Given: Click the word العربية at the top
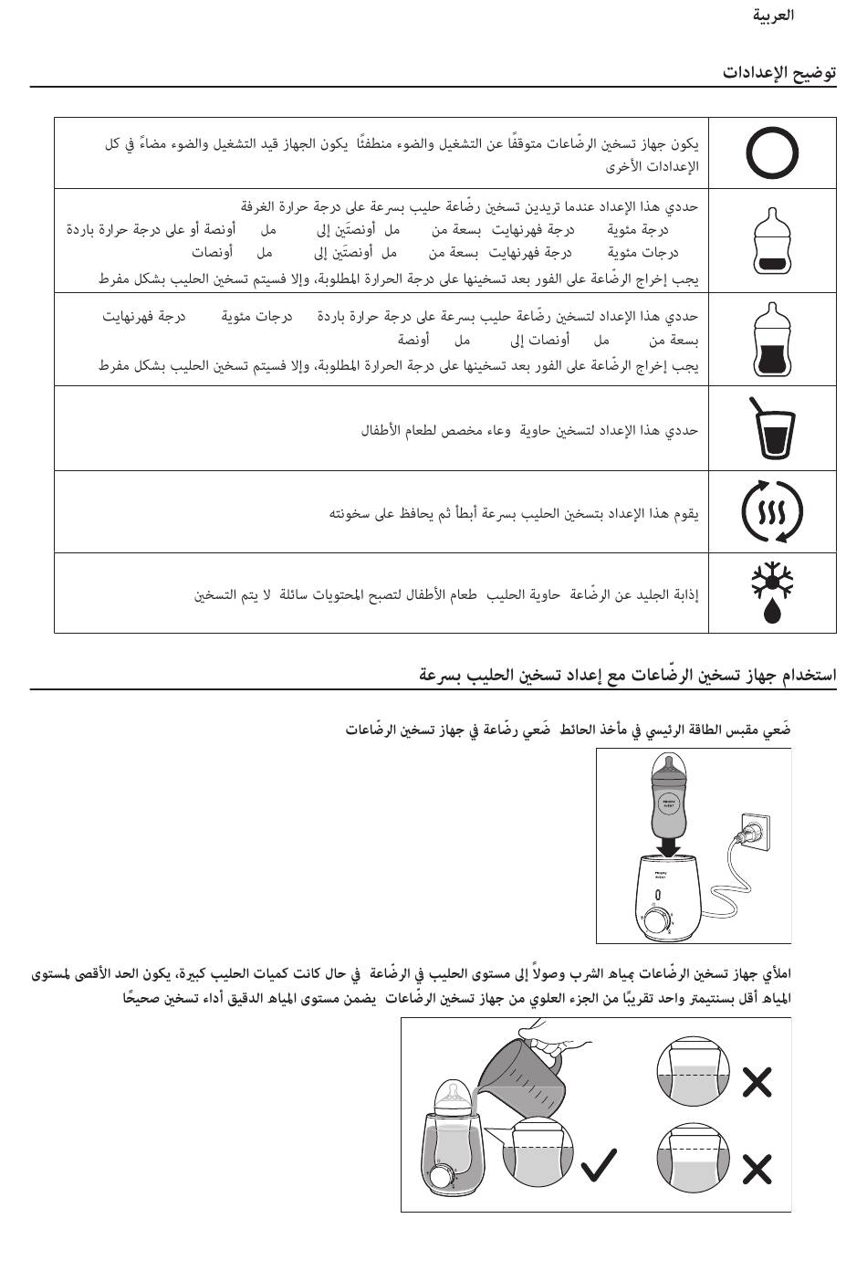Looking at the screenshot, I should click(774, 16).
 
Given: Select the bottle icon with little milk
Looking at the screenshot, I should click(771, 241).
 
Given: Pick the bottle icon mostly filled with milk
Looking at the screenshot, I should click(771, 340).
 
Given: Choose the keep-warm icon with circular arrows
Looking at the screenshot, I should click(772, 512).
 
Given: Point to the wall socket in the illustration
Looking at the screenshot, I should click(760, 833).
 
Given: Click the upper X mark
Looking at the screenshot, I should click(757, 1082).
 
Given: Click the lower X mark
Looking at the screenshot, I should click(757, 1168).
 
